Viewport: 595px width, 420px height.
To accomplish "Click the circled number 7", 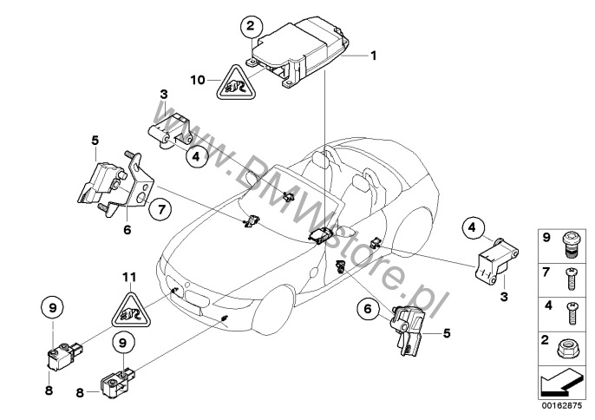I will click(x=158, y=207).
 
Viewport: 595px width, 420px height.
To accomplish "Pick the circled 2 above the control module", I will click(x=252, y=24).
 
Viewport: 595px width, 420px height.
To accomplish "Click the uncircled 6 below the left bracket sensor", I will click(x=127, y=230).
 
